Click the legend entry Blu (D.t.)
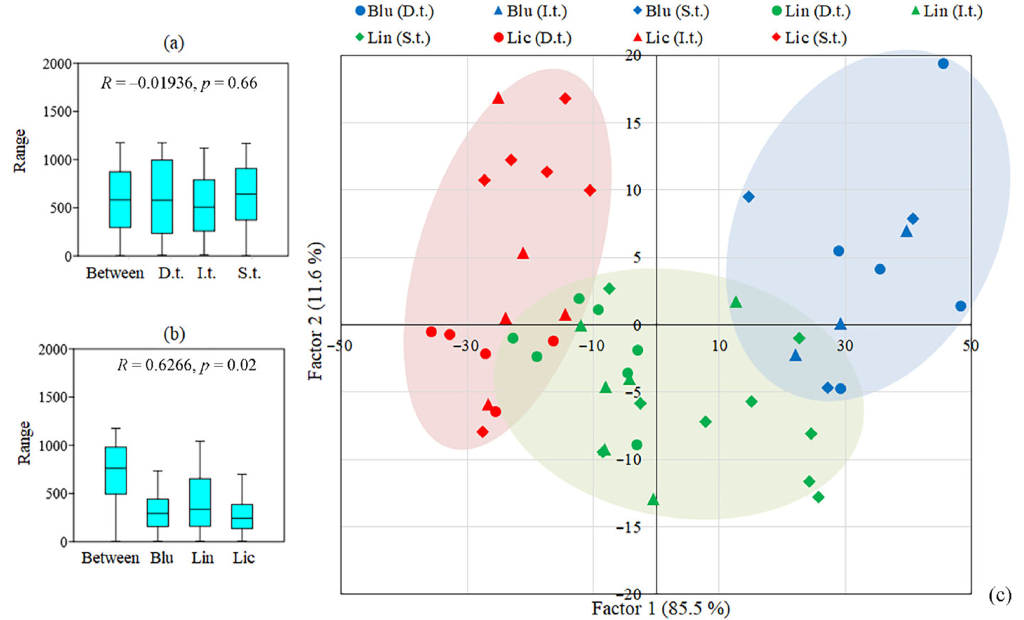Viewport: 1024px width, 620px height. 394,11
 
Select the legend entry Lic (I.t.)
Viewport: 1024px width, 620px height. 668,38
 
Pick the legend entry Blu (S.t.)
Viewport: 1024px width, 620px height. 671,11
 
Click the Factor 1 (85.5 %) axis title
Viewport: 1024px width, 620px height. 660,609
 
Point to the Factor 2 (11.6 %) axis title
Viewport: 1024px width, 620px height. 316,311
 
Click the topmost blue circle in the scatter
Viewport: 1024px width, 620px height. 943,64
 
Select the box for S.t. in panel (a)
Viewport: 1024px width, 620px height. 246,194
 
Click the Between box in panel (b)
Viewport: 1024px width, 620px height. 116,470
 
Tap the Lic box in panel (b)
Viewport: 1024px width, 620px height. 242,516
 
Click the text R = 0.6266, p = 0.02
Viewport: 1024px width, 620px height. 186,365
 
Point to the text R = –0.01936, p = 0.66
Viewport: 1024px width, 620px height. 179,83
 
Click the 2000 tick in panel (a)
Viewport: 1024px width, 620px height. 57,64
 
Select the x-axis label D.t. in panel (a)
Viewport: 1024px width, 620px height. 171,273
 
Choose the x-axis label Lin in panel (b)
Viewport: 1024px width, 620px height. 203,558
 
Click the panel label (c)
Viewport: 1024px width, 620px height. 999,595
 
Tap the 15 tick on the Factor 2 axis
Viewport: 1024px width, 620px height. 633,123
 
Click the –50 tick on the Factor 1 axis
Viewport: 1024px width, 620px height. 343,346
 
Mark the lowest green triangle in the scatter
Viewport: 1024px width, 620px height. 653,500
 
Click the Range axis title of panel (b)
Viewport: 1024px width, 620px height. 24,443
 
